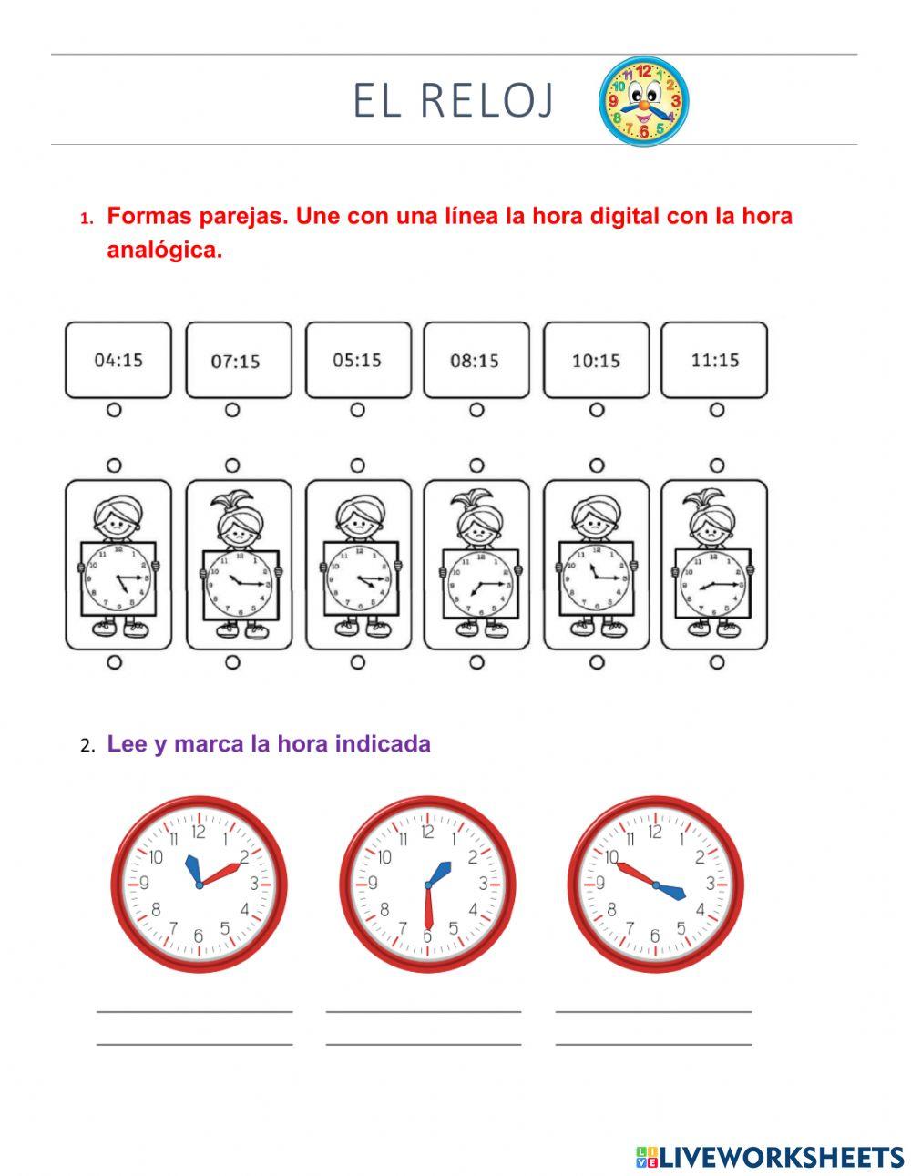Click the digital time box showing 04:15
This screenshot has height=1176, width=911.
click(x=118, y=360)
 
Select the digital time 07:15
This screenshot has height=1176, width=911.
click(x=236, y=361)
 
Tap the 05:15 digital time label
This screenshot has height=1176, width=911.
click(x=357, y=360)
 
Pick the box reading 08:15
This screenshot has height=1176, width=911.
click(x=475, y=361)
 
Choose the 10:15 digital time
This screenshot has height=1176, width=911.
click(x=596, y=361)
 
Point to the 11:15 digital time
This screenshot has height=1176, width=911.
click(x=715, y=360)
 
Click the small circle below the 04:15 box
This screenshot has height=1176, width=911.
click(x=114, y=410)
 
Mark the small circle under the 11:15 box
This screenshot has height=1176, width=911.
click(x=716, y=410)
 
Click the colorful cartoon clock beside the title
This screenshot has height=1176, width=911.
click(x=643, y=100)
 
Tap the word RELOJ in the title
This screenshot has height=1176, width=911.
click(x=487, y=100)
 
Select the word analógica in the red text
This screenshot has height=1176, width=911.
click(x=165, y=250)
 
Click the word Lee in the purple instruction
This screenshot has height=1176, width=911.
click(x=127, y=743)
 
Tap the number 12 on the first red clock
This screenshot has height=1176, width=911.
click(x=199, y=832)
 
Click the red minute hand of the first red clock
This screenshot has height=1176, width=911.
click(x=221, y=874)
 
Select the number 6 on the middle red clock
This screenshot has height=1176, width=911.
click(x=426, y=936)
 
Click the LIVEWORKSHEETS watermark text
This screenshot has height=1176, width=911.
click(x=781, y=1157)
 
